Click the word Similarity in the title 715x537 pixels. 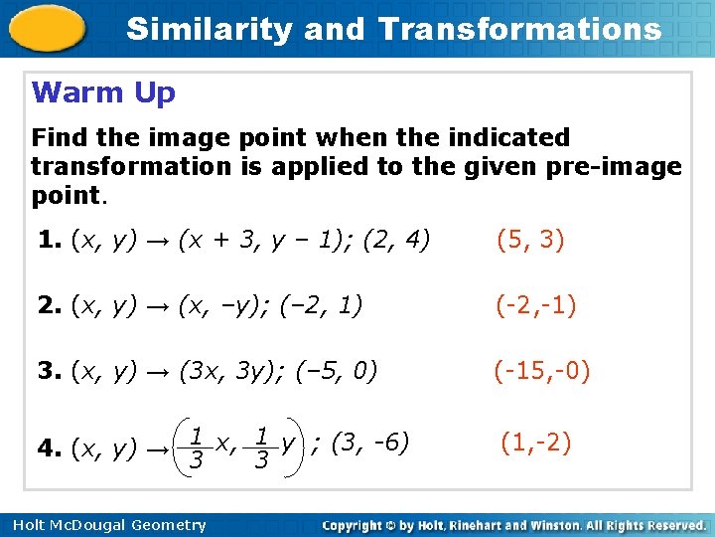[x=210, y=29]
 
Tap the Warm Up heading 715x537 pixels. [x=103, y=93]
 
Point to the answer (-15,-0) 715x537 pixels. [x=543, y=372]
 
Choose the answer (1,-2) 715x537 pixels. [x=536, y=442]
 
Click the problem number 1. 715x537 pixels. [x=47, y=239]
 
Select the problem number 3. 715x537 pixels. [x=48, y=372]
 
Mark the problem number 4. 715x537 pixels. [x=48, y=448]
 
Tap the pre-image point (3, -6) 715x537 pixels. [x=373, y=442]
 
